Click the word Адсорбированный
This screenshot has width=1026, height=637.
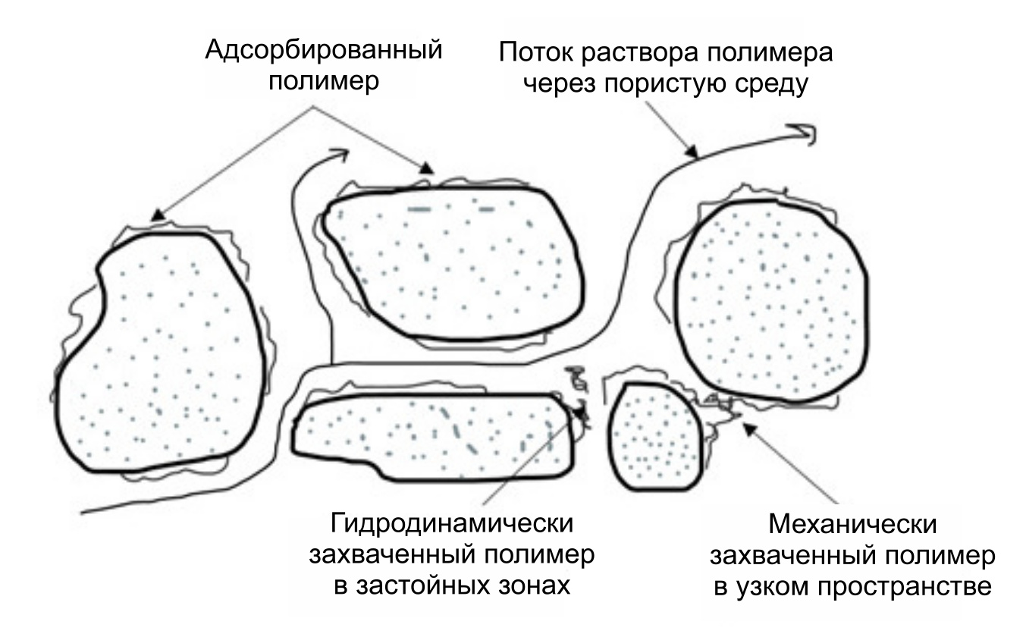coord(323,52)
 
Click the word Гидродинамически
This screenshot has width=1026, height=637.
coord(452,525)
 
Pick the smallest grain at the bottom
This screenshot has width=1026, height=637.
coord(655,436)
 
